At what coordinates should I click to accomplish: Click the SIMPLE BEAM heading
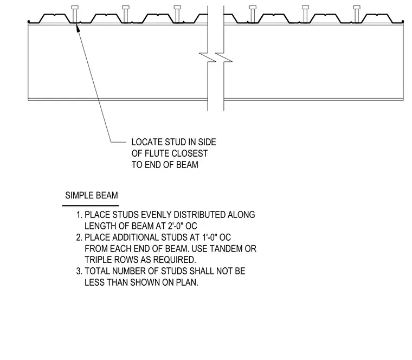click(92, 196)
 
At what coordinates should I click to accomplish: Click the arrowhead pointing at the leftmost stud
click(78, 28)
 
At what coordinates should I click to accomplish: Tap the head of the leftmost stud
click(75, 7)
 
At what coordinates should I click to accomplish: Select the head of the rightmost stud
click(357, 7)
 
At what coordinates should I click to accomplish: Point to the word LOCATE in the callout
click(147, 142)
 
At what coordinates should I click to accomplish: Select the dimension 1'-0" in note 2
click(210, 237)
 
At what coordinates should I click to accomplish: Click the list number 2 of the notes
click(79, 237)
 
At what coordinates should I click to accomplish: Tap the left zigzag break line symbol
click(208, 58)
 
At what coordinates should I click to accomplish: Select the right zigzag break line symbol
click(224, 58)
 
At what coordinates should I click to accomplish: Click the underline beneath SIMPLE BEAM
click(91, 205)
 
